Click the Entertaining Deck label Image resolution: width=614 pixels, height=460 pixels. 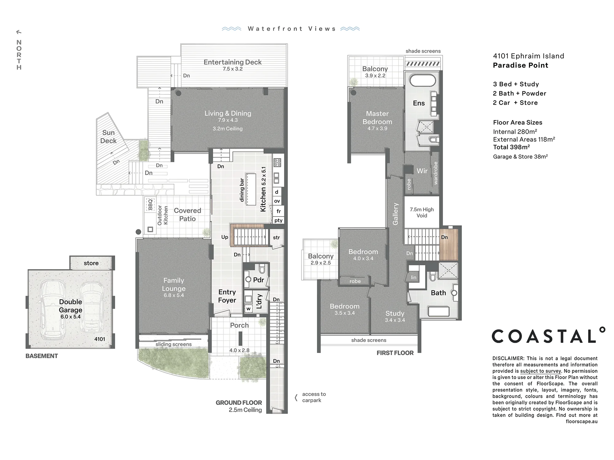232,62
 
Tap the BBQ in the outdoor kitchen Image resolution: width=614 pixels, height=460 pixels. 150,205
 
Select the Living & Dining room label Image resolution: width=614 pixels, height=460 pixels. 228,113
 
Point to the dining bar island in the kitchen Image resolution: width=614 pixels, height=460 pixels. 251,190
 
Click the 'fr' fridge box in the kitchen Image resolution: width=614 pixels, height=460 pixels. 278,211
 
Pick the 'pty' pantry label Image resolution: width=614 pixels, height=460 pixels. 278,220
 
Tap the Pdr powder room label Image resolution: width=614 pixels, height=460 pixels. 258,280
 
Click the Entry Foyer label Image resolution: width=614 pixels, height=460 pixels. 227,296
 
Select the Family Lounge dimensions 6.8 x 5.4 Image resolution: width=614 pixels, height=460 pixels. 174,295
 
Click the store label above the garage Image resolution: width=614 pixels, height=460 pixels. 91,263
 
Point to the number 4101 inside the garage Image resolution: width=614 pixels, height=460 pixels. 100,339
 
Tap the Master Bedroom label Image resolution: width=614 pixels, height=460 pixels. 377,118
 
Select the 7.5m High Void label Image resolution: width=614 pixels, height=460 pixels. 422,213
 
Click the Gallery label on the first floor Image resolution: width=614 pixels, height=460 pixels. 395,214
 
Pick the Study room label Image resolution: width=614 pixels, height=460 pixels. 395,313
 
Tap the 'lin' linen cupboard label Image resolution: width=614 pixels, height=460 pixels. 414,278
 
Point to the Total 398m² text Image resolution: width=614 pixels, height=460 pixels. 511,147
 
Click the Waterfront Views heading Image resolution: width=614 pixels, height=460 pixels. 292,29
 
